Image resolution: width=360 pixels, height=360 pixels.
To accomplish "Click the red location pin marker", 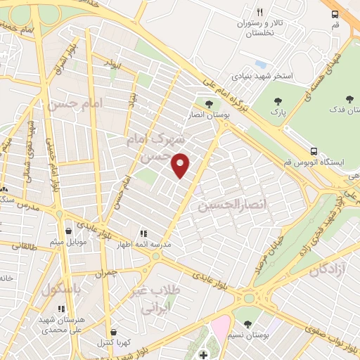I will [181, 165].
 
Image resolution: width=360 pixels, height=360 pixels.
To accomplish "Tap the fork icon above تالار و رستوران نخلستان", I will [260, 12].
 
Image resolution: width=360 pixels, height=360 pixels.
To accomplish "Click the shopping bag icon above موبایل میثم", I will [68, 230].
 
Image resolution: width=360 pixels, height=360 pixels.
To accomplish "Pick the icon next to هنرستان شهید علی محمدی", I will [62, 308].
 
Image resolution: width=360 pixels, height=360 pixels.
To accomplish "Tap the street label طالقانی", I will [21, 247].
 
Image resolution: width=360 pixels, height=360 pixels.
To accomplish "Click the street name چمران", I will [103, 271].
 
